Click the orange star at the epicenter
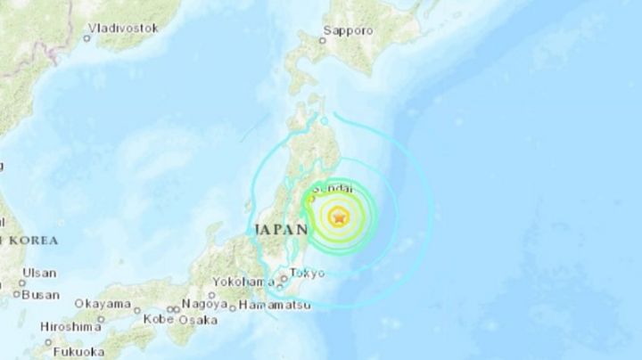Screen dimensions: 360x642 340,217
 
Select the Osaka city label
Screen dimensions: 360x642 198,319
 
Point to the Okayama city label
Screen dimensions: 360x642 101,305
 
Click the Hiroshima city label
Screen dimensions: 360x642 72,327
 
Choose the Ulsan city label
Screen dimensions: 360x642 39,273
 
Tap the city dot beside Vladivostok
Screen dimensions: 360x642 87,37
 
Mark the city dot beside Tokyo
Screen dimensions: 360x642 284,278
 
